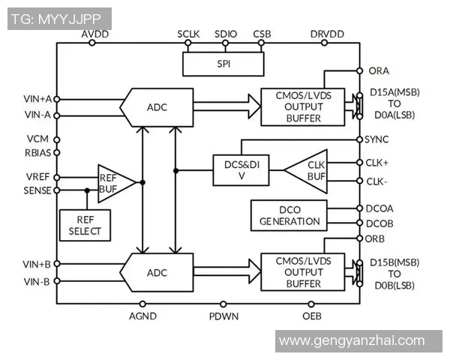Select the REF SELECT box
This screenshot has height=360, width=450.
pyautogui.click(x=85, y=223)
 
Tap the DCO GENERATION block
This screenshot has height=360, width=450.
pyautogui.click(x=289, y=215)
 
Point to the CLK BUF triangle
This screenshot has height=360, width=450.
pyautogui.click(x=308, y=171)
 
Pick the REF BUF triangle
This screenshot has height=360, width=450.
pyautogui.click(x=113, y=182)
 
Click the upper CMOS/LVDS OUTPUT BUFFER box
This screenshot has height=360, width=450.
pyautogui.click(x=302, y=106)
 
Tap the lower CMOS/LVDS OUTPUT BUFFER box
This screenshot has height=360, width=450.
pyautogui.click(x=302, y=272)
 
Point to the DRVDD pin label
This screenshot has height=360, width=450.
pyautogui.click(x=327, y=34)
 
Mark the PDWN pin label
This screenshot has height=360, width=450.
pyautogui.click(x=223, y=316)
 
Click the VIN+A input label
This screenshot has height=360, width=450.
pyautogui.click(x=37, y=98)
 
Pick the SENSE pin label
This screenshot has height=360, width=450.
pyautogui.click(x=37, y=190)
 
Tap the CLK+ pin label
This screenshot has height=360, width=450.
pyautogui.click(x=377, y=162)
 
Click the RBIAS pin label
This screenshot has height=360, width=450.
pyautogui.click(x=37, y=153)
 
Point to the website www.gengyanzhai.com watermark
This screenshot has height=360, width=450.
pyautogui.click(x=351, y=341)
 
